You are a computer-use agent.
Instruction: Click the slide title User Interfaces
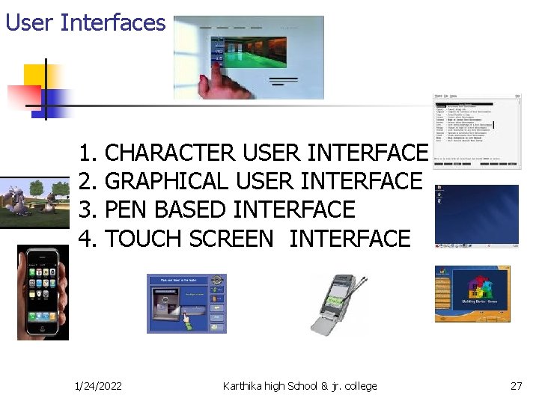click(x=85, y=22)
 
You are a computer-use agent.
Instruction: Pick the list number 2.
click(x=88, y=181)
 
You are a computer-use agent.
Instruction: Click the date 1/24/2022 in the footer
click(x=99, y=386)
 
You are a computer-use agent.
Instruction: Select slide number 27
click(x=516, y=386)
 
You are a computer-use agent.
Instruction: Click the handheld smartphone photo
click(x=43, y=292)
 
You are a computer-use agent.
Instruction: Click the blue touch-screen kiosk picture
click(x=186, y=303)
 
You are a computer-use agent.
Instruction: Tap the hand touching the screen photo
click(x=249, y=57)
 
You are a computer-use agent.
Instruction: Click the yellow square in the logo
click(x=34, y=75)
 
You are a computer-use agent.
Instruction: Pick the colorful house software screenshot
click(x=472, y=293)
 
